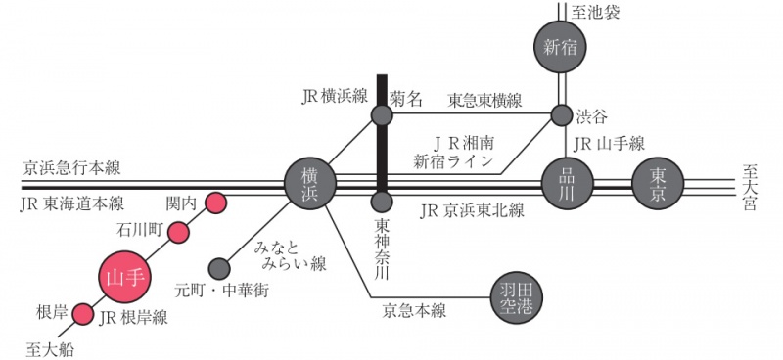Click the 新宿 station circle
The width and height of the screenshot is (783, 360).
(561, 47)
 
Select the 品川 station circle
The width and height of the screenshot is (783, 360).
(567, 183)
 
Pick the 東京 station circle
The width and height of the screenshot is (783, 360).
(657, 183)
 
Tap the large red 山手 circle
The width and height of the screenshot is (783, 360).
(125, 278)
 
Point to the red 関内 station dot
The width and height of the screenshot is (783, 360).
(214, 203)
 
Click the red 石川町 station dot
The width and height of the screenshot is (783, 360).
(179, 232)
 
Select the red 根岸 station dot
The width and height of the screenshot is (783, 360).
(83, 314)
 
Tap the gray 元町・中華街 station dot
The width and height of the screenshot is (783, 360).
(220, 266)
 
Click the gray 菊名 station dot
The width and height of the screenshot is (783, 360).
(382, 115)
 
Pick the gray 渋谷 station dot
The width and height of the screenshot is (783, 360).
(561, 115)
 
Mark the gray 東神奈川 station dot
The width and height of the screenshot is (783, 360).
(382, 203)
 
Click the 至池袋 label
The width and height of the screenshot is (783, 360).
(598, 12)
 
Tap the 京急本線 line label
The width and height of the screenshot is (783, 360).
(414, 311)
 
